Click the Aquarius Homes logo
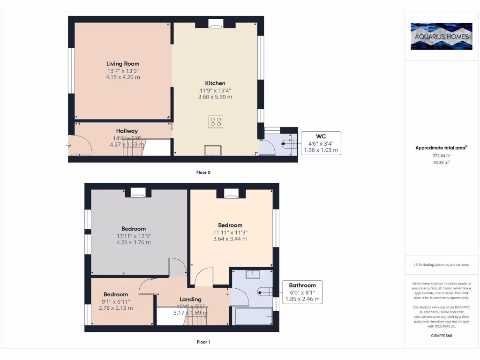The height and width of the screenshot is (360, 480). click(441, 36)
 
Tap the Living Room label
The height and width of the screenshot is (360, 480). click(123, 64)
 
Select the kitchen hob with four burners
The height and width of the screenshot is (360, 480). click(216, 122)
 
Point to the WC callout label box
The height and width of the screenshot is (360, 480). click(321, 143)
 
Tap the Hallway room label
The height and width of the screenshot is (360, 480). click(127, 131)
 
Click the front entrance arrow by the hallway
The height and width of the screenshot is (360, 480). click(69, 146)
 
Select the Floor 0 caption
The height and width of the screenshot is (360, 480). click(203, 172)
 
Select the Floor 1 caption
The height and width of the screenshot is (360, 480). click(203, 342)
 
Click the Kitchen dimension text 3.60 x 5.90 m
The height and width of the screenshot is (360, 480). click(215, 97)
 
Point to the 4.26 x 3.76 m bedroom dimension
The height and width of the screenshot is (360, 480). click(134, 242)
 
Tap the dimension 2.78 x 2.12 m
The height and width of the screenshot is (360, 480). click(116, 308)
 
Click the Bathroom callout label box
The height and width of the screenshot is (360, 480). click(302, 292)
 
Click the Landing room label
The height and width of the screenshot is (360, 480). click(190, 299)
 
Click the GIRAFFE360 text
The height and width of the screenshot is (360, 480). click(441, 336)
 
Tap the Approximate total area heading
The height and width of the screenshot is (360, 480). click(441, 148)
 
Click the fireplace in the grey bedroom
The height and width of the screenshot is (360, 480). click(138, 192)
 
